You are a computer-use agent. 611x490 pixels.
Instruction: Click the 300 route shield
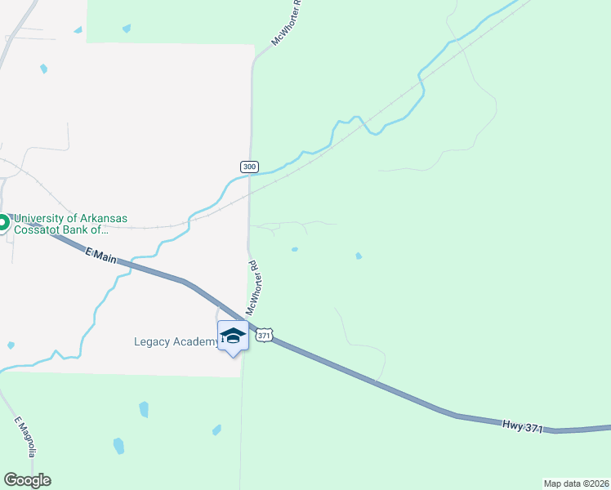tap(249, 167)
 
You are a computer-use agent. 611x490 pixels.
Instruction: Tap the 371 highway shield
tap(262, 336)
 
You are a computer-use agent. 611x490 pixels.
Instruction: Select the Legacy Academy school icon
tap(234, 336)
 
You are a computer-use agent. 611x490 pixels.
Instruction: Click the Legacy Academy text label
tap(176, 341)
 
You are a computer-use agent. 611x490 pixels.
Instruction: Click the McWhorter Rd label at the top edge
tap(287, 22)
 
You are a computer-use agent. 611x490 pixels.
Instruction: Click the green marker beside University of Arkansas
tap(2, 222)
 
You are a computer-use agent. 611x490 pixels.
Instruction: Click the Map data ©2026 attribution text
tap(576, 483)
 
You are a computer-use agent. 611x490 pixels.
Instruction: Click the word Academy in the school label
tap(196, 341)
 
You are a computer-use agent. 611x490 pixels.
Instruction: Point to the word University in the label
tap(42, 219)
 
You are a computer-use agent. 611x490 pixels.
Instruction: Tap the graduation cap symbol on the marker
tap(234, 335)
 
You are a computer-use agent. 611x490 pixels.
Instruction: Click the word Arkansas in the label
tap(100, 219)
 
